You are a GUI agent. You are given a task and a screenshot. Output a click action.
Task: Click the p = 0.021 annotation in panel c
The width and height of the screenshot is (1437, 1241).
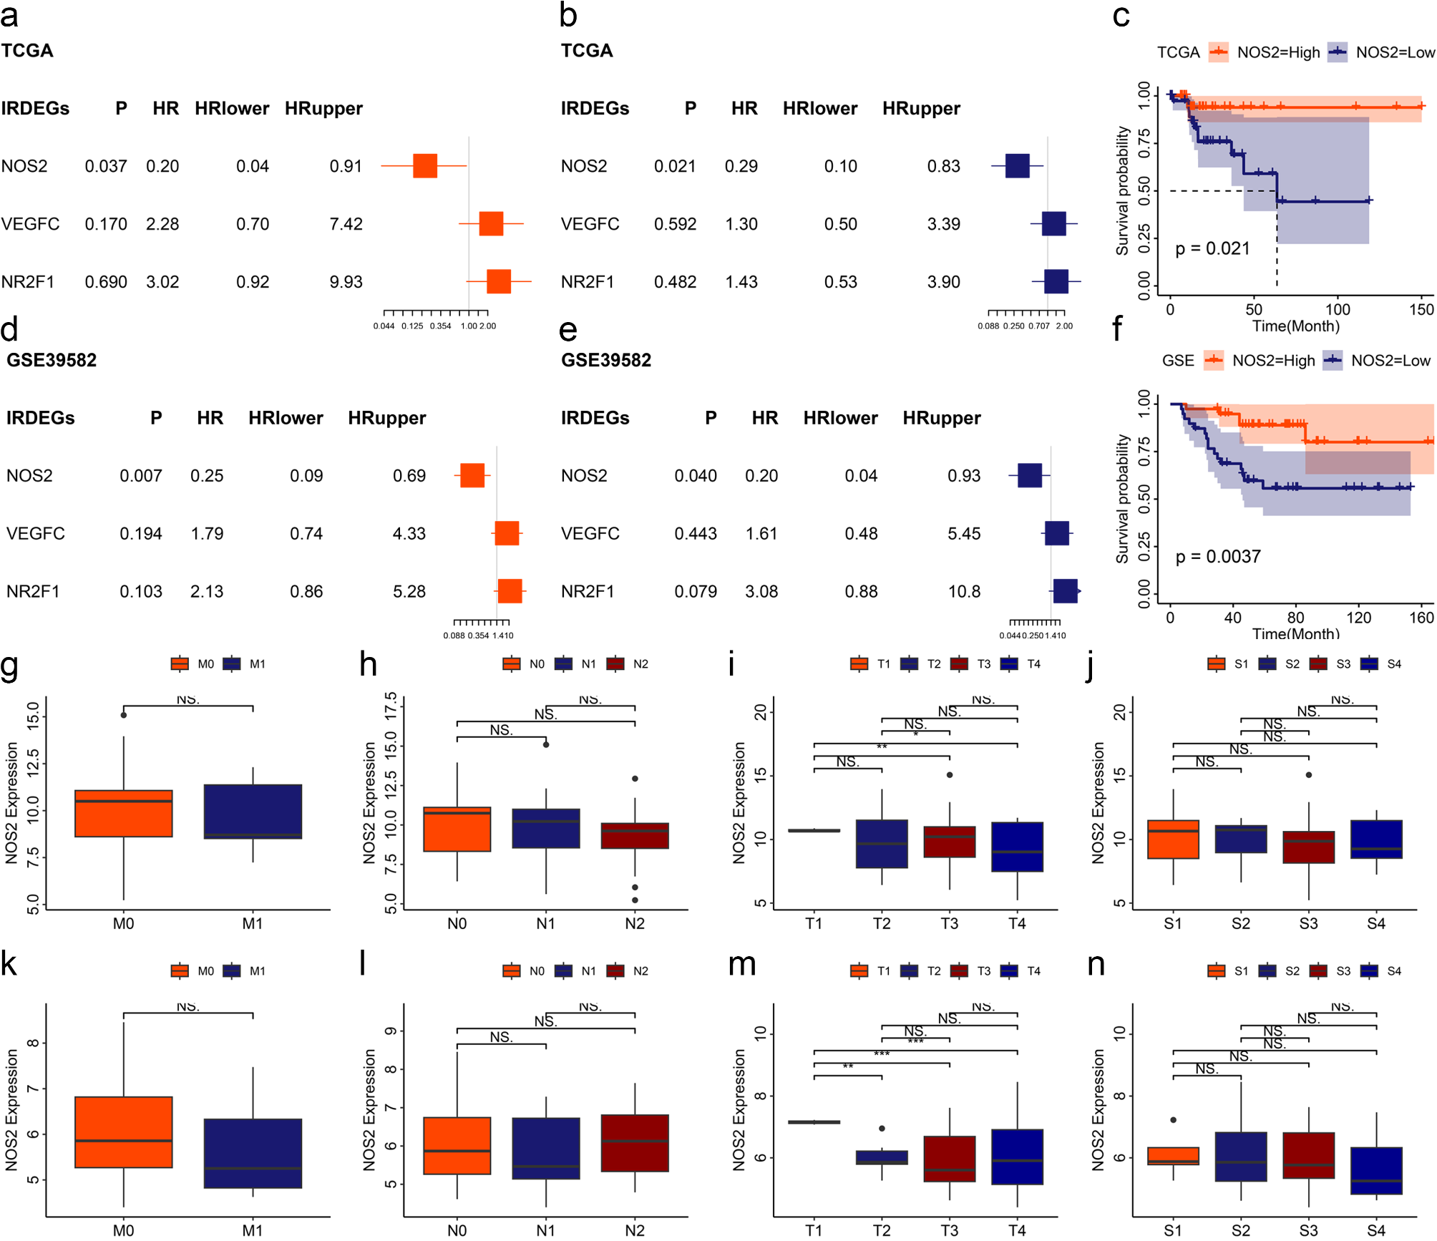click(x=1212, y=249)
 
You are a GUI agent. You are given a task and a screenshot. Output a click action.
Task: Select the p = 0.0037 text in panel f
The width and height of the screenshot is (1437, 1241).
click(x=1218, y=557)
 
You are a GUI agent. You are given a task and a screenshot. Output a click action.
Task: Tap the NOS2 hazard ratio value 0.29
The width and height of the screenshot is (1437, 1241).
click(x=741, y=167)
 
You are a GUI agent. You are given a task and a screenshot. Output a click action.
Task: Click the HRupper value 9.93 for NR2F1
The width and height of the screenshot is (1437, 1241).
click(x=346, y=283)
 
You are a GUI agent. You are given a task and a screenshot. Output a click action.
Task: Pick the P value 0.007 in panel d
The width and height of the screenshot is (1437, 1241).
click(x=140, y=476)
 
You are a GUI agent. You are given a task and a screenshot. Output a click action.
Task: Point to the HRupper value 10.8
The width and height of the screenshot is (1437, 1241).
click(x=964, y=592)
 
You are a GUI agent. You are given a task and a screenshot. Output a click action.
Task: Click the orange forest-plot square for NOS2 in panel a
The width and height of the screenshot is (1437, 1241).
click(x=425, y=166)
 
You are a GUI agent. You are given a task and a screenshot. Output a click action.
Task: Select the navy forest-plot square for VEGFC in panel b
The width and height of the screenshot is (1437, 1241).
click(x=1054, y=224)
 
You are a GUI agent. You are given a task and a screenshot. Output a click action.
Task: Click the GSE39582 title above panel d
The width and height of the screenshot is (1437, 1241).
click(x=52, y=360)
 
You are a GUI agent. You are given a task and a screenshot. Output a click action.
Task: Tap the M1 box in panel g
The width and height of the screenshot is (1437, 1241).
click(x=253, y=812)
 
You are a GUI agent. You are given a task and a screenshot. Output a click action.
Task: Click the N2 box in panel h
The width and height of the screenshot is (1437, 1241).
click(x=635, y=836)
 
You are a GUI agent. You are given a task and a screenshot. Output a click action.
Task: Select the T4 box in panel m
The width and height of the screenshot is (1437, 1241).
click(x=1017, y=1157)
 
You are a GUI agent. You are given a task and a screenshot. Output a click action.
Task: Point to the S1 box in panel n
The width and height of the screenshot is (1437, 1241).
click(x=1173, y=1157)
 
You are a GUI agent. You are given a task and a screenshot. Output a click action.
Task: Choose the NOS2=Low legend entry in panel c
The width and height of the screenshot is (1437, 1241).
click(x=1382, y=53)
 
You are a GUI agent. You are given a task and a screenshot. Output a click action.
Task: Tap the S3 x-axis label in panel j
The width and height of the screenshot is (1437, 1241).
click(x=1308, y=924)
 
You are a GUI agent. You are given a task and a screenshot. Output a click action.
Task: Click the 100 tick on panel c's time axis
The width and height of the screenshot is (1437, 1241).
click(x=1338, y=310)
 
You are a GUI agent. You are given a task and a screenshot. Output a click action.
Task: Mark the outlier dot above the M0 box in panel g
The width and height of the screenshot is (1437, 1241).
click(x=124, y=715)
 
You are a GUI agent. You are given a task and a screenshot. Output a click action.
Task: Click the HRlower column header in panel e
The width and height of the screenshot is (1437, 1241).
click(x=840, y=419)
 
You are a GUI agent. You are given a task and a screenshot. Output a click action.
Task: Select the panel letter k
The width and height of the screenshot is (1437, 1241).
click(x=9, y=964)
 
